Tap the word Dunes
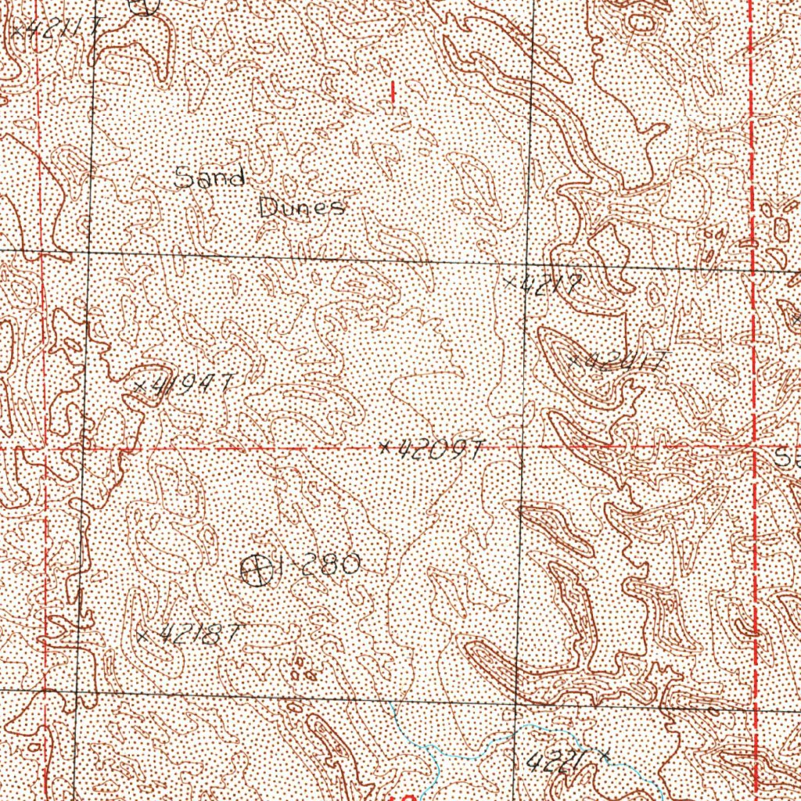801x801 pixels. (x=301, y=208)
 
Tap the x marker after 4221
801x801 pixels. (x=605, y=754)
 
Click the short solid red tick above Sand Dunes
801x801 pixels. (x=392, y=92)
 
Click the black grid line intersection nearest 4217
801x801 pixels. (x=527, y=264)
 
